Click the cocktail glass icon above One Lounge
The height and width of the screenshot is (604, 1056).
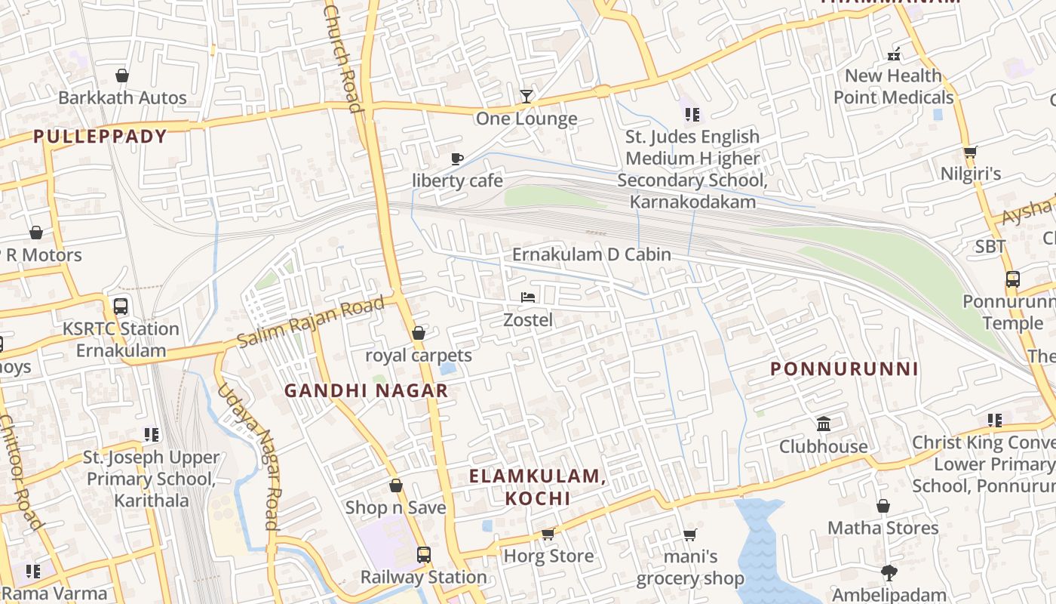coord(526,96)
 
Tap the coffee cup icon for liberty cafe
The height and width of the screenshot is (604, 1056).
coord(456,159)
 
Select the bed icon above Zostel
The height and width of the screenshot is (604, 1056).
coord(528,297)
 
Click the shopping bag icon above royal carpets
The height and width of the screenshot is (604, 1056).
coord(419,333)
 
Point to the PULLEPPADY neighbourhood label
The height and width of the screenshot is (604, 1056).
coord(100,137)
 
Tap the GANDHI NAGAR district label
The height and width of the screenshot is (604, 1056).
coord(366,391)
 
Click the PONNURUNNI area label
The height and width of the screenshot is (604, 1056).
coord(844,369)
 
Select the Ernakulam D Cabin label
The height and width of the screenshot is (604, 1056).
coord(591,254)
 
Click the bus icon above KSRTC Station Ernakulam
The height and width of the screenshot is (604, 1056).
coord(120,307)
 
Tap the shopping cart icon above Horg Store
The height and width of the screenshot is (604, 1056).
coord(548,534)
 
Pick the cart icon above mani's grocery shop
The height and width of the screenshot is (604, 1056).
coord(689,535)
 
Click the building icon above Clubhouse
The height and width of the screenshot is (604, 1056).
coord(824,424)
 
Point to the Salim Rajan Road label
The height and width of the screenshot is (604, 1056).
coord(311,322)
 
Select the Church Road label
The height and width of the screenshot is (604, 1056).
coord(343,57)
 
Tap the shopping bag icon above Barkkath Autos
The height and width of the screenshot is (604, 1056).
coord(122,75)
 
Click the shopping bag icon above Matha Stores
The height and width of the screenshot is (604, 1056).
coord(883,506)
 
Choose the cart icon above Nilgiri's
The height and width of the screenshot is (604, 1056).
coord(970,152)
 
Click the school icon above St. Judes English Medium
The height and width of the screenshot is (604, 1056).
coord(692,115)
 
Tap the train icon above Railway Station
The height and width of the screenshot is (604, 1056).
coord(423,555)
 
